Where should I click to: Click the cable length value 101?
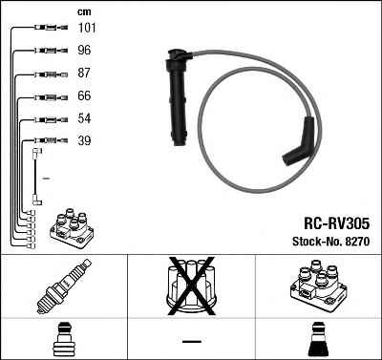pyautogui.click(x=87, y=28)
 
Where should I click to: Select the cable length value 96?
pyautogui.click(x=84, y=51)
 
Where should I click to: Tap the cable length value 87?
pyautogui.click(x=84, y=73)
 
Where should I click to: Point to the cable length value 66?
pyautogui.click(x=84, y=95)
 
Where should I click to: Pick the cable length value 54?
pyautogui.click(x=84, y=118)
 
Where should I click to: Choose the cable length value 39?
pyautogui.click(x=84, y=140)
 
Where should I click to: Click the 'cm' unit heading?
pyautogui.click(x=84, y=12)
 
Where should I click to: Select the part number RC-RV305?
pyautogui.click(x=337, y=223)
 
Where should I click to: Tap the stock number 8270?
pyautogui.click(x=357, y=242)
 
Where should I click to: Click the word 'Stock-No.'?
pyautogui.click(x=317, y=242)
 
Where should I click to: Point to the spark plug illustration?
pyautogui.click(x=64, y=286)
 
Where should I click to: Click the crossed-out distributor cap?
pyautogui.click(x=191, y=286)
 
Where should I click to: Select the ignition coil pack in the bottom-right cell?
pyautogui.click(x=318, y=286)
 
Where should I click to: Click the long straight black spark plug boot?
pyautogui.click(x=178, y=96)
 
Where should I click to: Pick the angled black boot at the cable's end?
pyautogui.click(x=298, y=142)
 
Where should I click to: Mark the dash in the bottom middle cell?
pyautogui.click(x=192, y=341)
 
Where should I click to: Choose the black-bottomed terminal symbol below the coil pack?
pyautogui.click(x=319, y=340)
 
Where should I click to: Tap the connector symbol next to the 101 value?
pyautogui.click(x=52, y=28)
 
